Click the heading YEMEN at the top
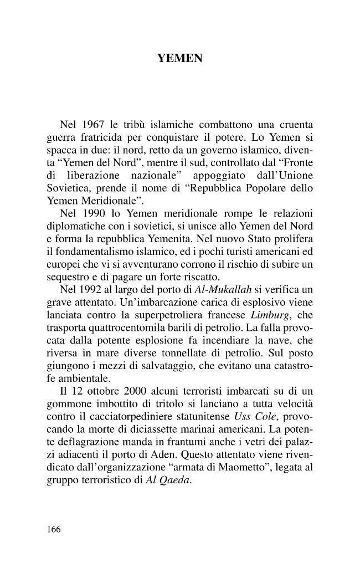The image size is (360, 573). tap(180, 57)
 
